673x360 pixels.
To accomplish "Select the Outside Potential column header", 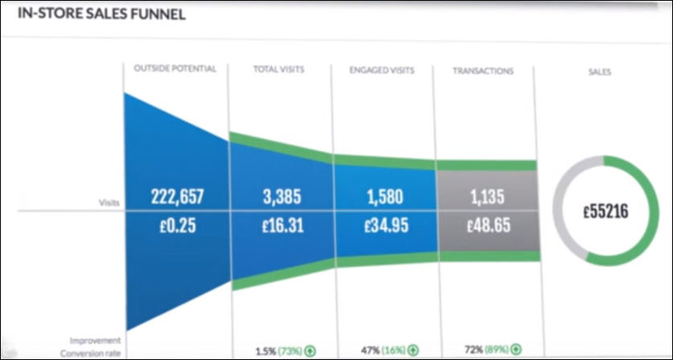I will pos(175,70).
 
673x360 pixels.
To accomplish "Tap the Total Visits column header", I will pos(279,71).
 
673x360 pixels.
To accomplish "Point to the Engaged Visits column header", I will pos(381,71).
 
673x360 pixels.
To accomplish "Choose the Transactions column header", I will pos(482,71).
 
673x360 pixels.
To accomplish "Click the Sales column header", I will pos(599,72).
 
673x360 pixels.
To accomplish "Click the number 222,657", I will pos(176,197).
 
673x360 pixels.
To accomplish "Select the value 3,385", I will pos(279,197).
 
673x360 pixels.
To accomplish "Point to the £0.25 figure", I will pos(176,226).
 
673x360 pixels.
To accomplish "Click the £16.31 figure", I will pos(279,226).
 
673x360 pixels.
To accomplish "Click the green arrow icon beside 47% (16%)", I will pos(412,351).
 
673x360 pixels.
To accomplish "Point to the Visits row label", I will pos(107,203).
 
